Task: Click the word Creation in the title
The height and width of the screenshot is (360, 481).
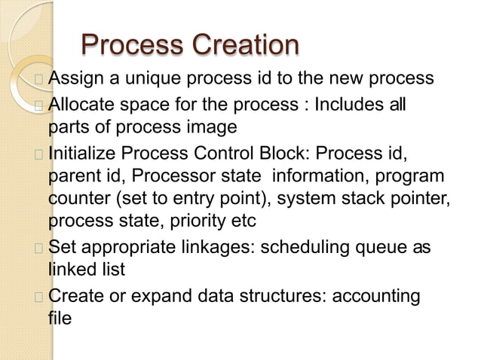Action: click(x=246, y=45)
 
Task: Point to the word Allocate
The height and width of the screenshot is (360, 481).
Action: click(x=83, y=103)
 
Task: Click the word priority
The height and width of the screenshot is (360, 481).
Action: click(x=191, y=222)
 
